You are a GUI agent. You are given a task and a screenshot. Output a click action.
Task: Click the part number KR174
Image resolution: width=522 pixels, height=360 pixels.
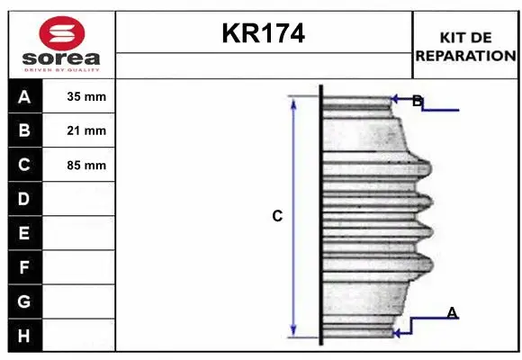[263, 34]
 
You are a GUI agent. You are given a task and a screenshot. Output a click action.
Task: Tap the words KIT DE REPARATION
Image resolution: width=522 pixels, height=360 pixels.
[465, 47]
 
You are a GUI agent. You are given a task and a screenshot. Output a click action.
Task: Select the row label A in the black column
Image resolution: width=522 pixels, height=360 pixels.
[24, 97]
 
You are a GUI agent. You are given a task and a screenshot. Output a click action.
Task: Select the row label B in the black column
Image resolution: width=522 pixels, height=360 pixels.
[24, 130]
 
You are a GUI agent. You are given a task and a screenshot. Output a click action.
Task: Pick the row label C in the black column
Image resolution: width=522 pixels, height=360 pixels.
[24, 165]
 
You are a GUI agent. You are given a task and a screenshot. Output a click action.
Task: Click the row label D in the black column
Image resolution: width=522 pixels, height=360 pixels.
[24, 199]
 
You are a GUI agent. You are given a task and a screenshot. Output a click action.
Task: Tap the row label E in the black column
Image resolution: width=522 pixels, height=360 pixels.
[24, 233]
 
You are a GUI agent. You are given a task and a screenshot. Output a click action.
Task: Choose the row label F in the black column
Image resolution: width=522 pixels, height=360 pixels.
[24, 267]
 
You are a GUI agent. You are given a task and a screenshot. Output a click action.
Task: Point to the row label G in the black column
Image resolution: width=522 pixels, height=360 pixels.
[24, 301]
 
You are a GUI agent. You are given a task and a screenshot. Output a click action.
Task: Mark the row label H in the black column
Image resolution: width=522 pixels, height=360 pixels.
[24, 335]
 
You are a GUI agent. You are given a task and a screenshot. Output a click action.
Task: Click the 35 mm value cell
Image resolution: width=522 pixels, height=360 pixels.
[86, 97]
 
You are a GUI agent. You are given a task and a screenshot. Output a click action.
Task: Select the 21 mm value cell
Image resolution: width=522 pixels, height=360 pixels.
[86, 130]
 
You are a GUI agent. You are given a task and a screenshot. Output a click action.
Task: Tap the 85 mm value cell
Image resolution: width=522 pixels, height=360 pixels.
[86, 165]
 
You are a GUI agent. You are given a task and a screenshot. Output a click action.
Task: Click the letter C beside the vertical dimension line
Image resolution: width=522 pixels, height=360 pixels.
[277, 216]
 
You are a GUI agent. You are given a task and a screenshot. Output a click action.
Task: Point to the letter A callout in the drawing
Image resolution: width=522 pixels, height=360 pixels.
[452, 312]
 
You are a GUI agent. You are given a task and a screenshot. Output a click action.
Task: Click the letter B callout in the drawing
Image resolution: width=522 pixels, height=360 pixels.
[417, 102]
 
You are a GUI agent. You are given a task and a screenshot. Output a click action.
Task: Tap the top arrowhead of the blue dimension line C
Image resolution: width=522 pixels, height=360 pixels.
[293, 102]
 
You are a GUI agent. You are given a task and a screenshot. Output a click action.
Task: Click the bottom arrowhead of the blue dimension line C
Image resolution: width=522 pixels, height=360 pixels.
[293, 329]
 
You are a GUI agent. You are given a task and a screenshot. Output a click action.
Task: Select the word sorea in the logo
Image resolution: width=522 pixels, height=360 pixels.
[61, 58]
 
